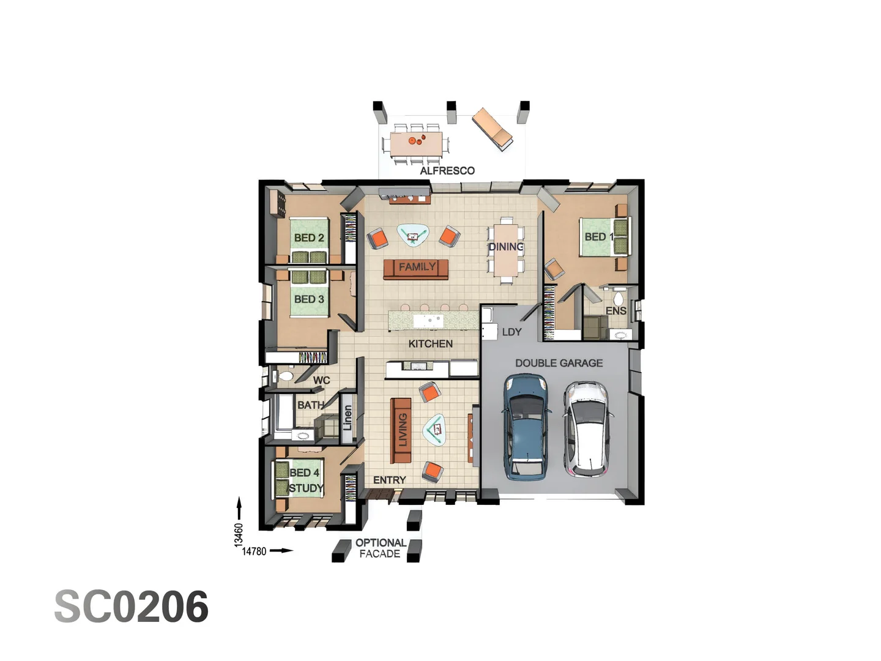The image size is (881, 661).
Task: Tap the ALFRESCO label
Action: (x=447, y=171)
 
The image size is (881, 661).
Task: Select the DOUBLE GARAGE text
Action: (x=559, y=363)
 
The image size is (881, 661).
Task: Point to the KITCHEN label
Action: (x=431, y=344)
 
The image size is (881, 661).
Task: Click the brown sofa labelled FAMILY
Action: (x=416, y=268)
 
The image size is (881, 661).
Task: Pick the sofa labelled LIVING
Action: (x=401, y=430)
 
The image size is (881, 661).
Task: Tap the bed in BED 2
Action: (x=309, y=240)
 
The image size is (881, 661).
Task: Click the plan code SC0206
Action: (x=132, y=607)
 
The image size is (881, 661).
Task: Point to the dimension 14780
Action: (x=254, y=551)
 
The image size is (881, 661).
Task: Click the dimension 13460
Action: (x=239, y=534)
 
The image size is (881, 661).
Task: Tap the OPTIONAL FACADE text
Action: (x=380, y=548)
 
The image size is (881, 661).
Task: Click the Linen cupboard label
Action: (x=348, y=418)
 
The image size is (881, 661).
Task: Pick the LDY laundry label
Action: (x=511, y=332)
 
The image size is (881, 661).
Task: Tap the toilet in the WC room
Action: (x=285, y=376)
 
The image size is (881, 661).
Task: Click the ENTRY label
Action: (x=389, y=480)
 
